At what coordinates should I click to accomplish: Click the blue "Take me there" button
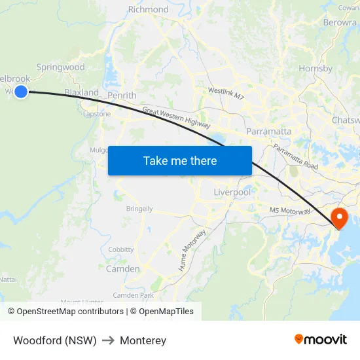pos(180,160)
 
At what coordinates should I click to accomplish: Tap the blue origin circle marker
pos(21,92)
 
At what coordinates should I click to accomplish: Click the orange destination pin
pos(340,217)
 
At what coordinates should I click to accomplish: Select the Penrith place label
pos(122,96)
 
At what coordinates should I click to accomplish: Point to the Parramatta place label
pos(269,132)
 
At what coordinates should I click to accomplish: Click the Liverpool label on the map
pos(232,192)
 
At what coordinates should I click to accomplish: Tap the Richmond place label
pos(149,10)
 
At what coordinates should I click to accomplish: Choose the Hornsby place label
pos(315,69)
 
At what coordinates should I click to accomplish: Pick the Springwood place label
pos(61,67)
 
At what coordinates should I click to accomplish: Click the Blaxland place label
pos(81,93)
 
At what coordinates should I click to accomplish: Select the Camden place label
pos(122,269)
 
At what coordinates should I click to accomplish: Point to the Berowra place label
pos(340,22)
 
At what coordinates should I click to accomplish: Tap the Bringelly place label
pos(139,209)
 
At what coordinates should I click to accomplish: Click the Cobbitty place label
pos(121,250)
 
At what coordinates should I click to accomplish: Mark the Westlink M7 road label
pos(226,93)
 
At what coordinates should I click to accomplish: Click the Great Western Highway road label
pos(176,118)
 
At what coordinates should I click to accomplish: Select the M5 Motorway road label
pos(290,210)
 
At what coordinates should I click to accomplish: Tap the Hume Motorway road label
pos(192,250)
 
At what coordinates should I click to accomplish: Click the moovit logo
pos(320,339)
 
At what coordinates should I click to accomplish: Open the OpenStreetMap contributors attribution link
pos(70,312)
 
